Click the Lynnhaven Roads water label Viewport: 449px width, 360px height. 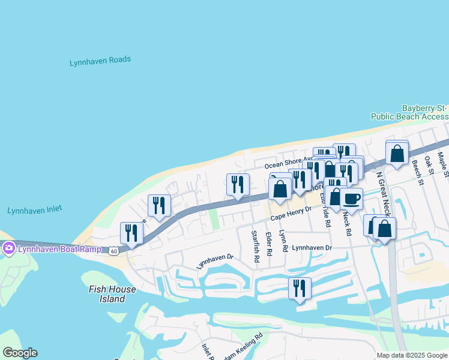[100, 61]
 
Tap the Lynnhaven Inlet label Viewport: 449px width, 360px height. [35, 210]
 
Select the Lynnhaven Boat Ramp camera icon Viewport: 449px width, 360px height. [9, 248]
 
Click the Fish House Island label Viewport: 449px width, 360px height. [112, 294]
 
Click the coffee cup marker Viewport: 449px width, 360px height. [352, 199]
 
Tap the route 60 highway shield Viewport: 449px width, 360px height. [114, 251]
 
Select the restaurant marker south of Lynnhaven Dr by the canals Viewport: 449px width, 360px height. [300, 288]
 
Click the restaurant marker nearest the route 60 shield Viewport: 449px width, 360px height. [131, 233]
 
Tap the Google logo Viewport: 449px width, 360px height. [20, 353]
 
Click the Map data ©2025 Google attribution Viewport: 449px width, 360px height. [411, 355]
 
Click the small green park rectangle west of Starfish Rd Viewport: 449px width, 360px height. [214, 220]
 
